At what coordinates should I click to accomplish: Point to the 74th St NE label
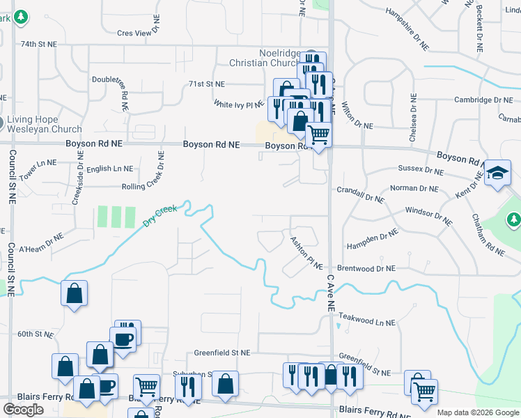coord(38,44)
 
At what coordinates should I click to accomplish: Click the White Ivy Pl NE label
coord(239,104)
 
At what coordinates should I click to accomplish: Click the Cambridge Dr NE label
coord(483,100)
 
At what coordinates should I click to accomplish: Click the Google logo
coord(24,410)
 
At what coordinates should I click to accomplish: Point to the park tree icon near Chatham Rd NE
coord(514,220)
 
